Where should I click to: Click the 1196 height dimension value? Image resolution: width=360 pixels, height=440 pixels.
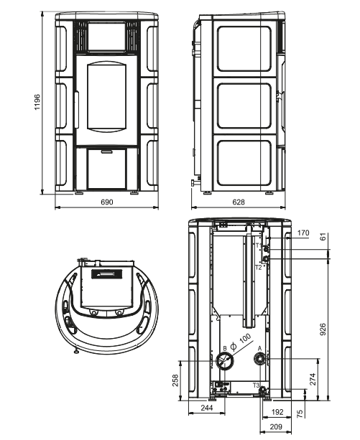click(37, 102)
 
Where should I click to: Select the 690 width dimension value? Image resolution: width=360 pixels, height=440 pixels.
click(107, 202)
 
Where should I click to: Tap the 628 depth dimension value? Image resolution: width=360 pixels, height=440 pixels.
click(239, 202)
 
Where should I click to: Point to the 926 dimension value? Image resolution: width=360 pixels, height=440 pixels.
click(323, 329)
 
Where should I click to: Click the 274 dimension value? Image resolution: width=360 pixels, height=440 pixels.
click(313, 379)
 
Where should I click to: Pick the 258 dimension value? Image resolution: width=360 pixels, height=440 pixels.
click(175, 380)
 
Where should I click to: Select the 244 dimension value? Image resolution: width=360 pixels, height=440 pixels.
click(207, 408)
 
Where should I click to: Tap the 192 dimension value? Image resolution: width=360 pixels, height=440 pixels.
click(277, 412)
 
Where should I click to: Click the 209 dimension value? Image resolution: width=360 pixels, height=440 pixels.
click(276, 427)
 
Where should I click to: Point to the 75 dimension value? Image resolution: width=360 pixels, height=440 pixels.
click(300, 413)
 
